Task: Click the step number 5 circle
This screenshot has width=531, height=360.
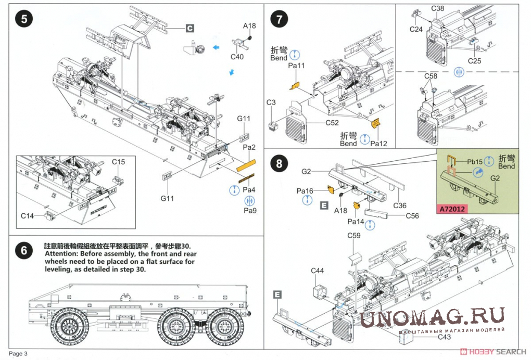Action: click(24, 19)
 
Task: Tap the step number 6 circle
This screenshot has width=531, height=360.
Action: click(24, 251)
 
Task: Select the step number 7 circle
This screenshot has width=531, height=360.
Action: click(280, 20)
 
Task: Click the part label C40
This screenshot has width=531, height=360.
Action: click(237, 57)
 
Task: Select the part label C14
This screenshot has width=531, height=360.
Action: click(28, 215)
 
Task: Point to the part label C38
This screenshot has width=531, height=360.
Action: click(438, 9)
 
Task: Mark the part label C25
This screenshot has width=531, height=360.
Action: click(474, 61)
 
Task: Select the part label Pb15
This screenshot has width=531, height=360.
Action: click(475, 162)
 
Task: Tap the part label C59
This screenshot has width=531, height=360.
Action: click(354, 236)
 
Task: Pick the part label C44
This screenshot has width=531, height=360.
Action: click(318, 271)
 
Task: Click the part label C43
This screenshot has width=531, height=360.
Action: click(444, 337)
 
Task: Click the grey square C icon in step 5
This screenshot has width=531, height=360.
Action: click(190, 28)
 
